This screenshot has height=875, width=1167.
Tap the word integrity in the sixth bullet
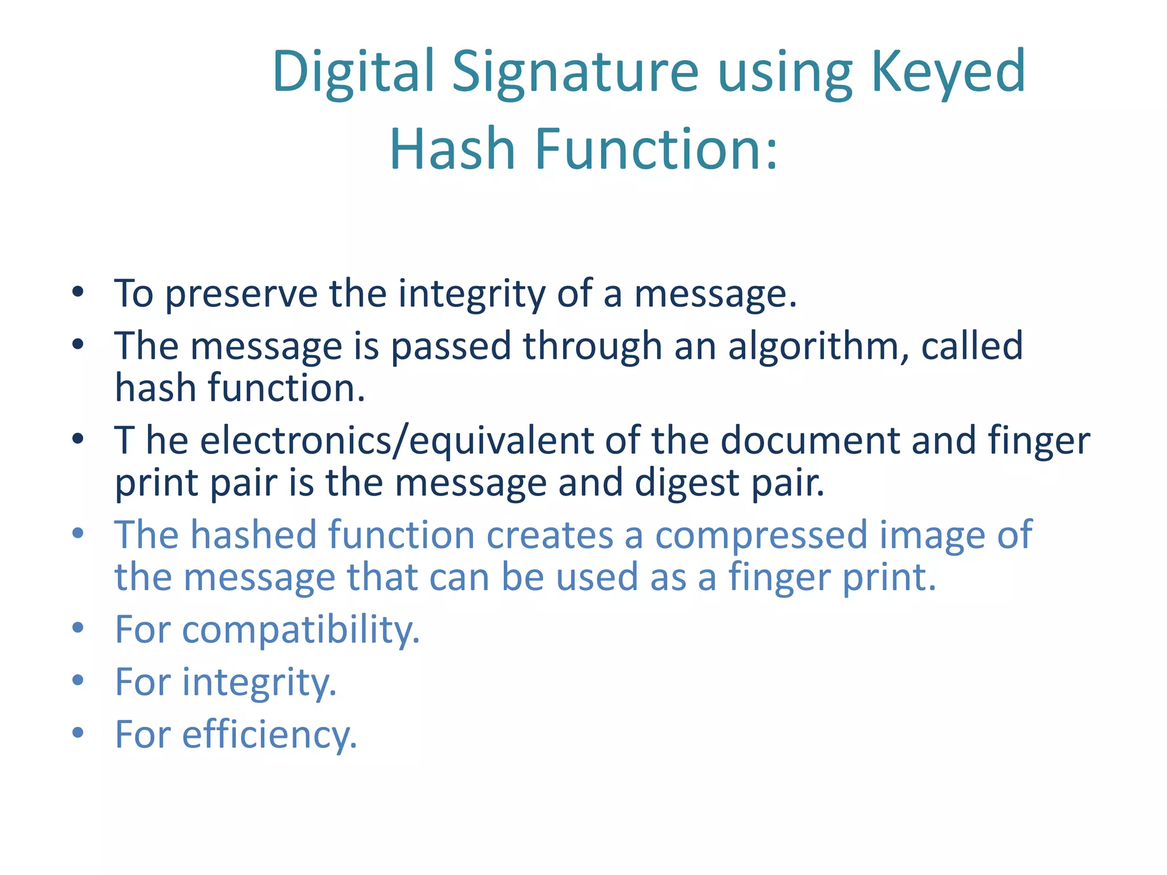point(259,682)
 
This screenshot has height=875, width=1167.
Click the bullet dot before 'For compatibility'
point(78,628)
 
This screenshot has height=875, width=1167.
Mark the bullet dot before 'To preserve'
point(78,293)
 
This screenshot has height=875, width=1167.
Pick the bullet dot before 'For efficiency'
point(78,733)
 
